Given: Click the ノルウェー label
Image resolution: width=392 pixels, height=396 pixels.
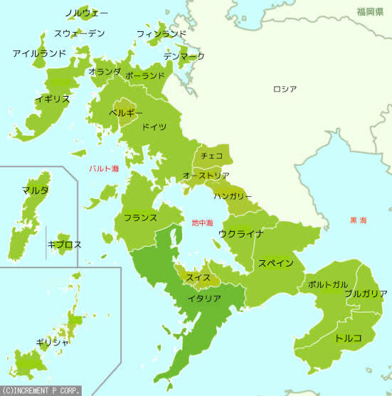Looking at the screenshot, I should (x=86, y=14).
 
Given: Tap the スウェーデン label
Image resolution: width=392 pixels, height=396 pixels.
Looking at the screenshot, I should (x=80, y=33).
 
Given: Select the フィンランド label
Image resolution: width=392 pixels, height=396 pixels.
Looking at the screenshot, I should (x=161, y=33).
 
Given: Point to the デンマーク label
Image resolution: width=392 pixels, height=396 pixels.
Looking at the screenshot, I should (x=184, y=55).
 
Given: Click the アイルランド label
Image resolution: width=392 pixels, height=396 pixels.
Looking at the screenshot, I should (x=39, y=53).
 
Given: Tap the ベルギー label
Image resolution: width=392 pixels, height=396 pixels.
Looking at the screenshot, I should (x=126, y=112).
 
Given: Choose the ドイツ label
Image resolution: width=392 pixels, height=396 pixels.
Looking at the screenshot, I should (x=154, y=127).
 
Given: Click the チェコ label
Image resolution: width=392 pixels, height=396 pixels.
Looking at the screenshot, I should (x=212, y=155).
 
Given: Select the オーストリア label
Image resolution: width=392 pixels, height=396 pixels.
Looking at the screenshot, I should (x=206, y=175).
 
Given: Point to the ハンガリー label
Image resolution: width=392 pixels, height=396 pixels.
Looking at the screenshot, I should (x=233, y=195).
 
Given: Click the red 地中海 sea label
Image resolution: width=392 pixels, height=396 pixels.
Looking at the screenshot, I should (x=202, y=223).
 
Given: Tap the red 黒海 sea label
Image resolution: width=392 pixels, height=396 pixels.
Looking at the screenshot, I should (x=358, y=220).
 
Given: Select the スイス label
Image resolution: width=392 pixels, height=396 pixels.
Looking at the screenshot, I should (x=197, y=277).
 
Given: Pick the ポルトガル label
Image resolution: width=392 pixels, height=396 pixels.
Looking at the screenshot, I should (x=328, y=284).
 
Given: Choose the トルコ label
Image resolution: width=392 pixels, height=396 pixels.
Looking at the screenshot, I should (x=349, y=337).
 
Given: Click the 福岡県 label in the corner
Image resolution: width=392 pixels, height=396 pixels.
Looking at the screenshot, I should (x=371, y=12).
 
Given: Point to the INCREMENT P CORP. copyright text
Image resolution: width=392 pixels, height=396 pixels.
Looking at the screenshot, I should (x=41, y=390).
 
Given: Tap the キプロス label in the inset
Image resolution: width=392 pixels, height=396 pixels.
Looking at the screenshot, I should (x=64, y=244).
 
